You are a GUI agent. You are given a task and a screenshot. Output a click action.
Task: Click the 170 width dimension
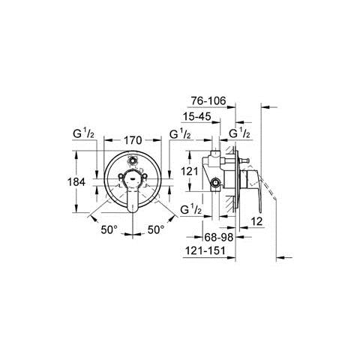pyautogui.click(x=133, y=140)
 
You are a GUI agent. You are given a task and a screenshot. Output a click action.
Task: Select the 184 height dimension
pyautogui.click(x=76, y=181)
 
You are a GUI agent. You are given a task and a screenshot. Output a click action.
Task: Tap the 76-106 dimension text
pyautogui.click(x=208, y=100)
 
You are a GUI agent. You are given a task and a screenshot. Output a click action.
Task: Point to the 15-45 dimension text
pyautogui.click(x=197, y=116)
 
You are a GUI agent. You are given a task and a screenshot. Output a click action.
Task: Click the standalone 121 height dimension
pyautogui.click(x=189, y=171)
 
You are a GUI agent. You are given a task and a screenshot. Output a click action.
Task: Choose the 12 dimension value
pyautogui.click(x=256, y=221)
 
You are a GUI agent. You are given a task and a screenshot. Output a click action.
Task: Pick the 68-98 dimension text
pyautogui.click(x=219, y=237)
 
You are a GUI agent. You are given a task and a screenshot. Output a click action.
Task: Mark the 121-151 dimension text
pyautogui.click(x=205, y=250)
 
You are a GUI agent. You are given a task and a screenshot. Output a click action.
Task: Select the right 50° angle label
pyautogui.click(x=156, y=229)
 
